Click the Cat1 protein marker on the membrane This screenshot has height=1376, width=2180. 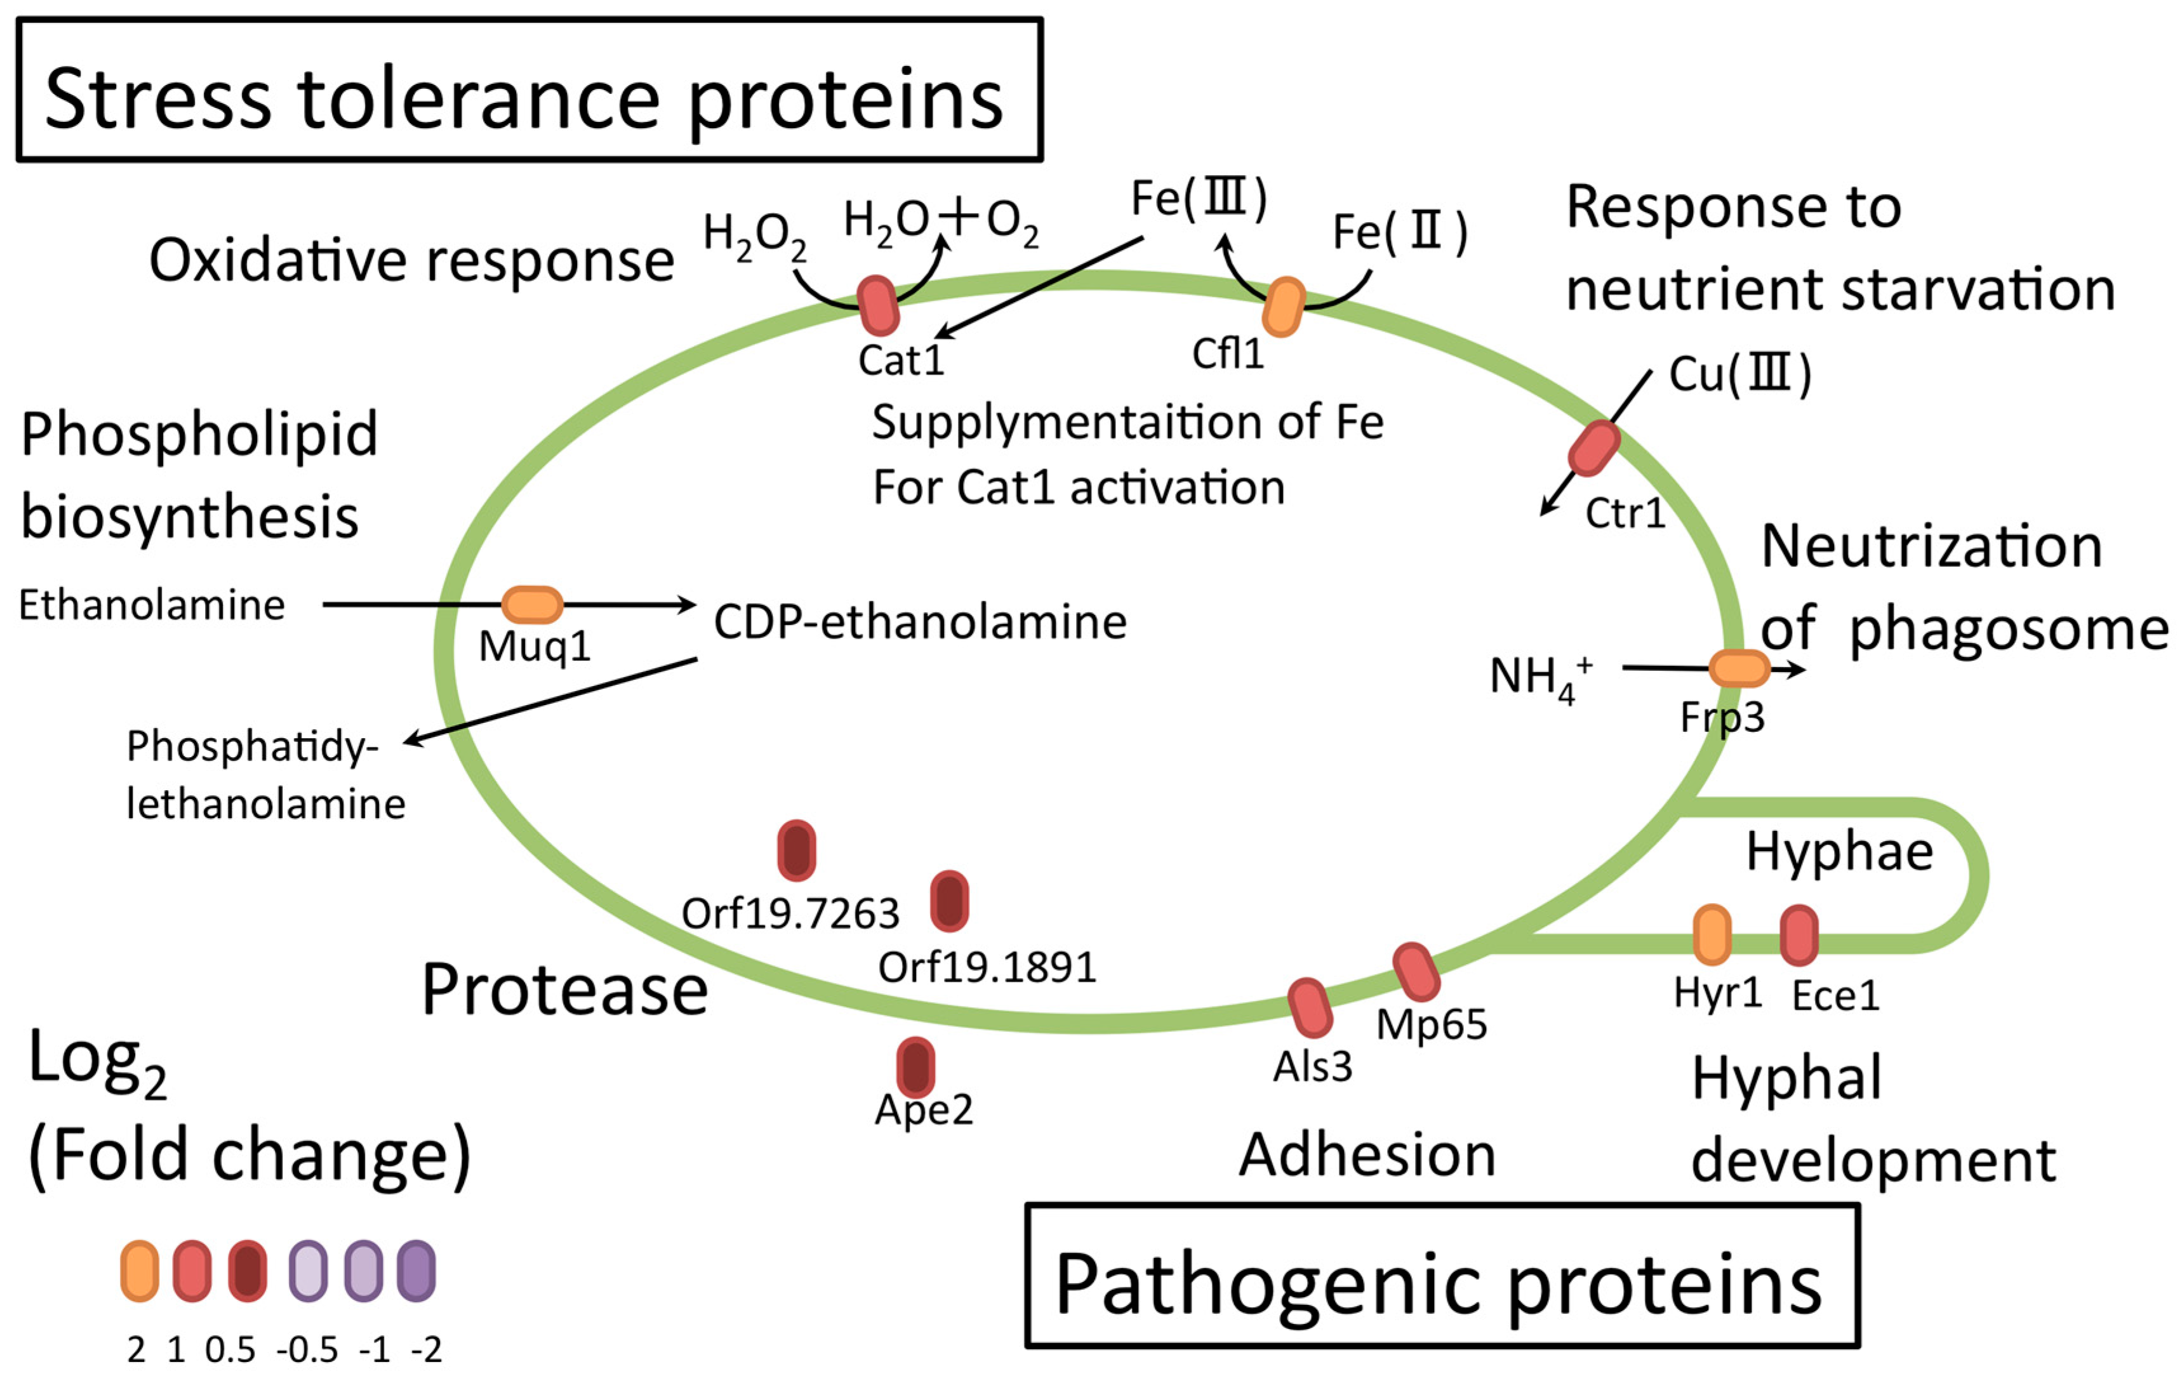[x=877, y=306]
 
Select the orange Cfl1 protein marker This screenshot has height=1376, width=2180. [x=1284, y=307]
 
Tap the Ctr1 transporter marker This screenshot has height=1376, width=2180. [x=1593, y=448]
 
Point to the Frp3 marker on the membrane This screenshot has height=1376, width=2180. [x=1739, y=668]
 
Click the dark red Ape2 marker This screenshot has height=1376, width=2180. [x=915, y=1066]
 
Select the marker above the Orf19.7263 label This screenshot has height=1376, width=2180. [x=797, y=850]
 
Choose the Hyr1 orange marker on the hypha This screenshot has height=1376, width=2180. [x=1712, y=934]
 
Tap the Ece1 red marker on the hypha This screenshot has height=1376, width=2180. [x=1799, y=935]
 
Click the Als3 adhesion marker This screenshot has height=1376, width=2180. [x=1310, y=1007]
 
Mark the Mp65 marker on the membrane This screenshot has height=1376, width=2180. [x=1416, y=972]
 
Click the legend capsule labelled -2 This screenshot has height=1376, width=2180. [x=416, y=1271]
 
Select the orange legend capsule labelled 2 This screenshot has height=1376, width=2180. [x=140, y=1271]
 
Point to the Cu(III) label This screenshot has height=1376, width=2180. [x=1739, y=374]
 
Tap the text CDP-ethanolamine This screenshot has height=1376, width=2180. [x=920, y=623]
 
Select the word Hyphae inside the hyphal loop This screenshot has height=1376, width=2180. [x=1838, y=851]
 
